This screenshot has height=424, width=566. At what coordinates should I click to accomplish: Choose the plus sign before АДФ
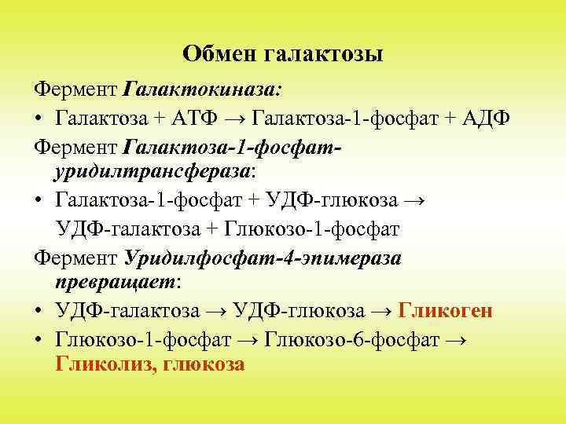pos(449,118)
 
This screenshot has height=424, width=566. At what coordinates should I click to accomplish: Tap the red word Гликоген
pos(446,311)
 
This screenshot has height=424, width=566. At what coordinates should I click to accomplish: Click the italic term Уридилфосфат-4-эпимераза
pos(263,257)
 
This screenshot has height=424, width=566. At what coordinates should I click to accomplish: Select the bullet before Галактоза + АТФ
pos(38,118)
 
